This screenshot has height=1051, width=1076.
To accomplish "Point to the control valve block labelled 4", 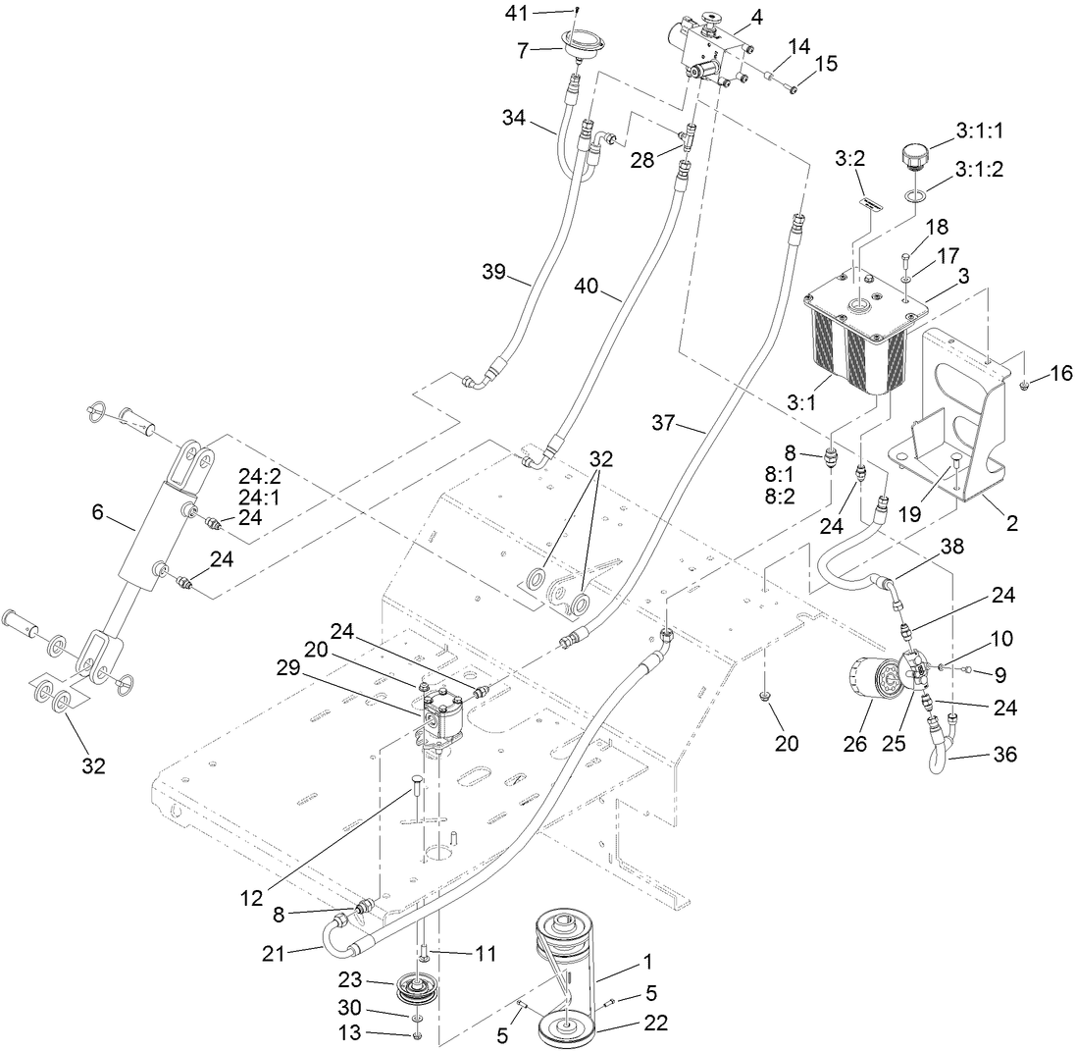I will (708, 47).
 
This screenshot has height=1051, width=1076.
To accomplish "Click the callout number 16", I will (1061, 374).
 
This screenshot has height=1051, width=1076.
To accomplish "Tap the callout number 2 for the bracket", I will (1011, 524).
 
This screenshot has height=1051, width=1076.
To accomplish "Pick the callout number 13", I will (379, 1033).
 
